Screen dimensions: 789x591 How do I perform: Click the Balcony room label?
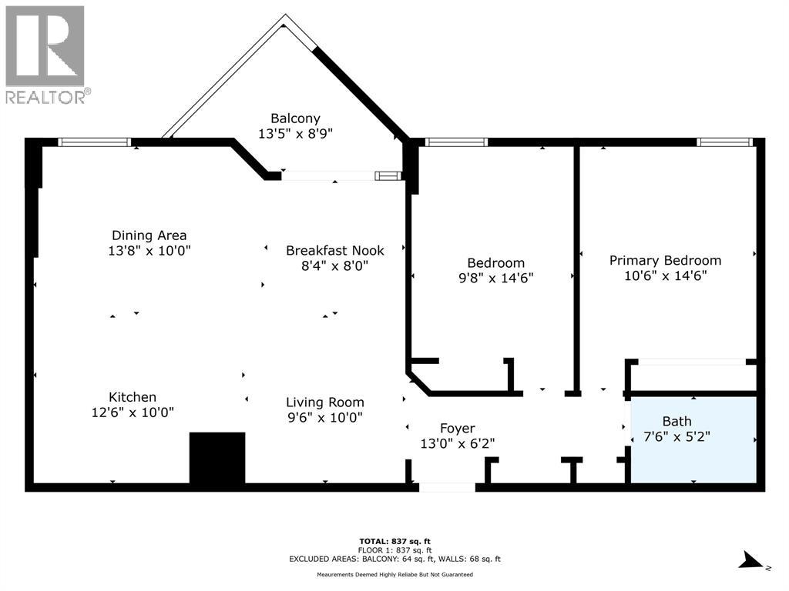click(295, 119)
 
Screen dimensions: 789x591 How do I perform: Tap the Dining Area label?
click(149, 235)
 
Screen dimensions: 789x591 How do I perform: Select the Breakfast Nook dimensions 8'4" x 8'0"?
click(334, 265)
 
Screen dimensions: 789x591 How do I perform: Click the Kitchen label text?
click(133, 397)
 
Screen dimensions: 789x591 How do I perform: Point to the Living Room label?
click(325, 402)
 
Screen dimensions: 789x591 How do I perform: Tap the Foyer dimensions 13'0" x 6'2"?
click(458, 443)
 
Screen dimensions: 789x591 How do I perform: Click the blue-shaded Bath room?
click(694, 439)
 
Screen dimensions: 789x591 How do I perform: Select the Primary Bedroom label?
click(665, 260)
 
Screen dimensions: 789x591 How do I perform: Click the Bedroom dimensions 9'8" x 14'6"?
click(495, 278)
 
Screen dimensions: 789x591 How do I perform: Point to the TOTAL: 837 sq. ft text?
click(394, 541)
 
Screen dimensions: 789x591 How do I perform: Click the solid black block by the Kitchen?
click(217, 457)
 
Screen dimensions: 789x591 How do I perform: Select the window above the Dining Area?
click(95, 142)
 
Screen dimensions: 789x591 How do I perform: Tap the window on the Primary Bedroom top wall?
click(725, 142)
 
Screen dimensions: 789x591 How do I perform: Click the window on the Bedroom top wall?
click(456, 142)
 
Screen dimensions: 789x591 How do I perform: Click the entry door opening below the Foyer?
click(448, 487)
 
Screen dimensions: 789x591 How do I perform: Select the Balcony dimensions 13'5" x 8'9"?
click(295, 134)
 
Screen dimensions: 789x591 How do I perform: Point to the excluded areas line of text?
click(394, 559)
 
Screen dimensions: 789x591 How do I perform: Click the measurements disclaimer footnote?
click(394, 574)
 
